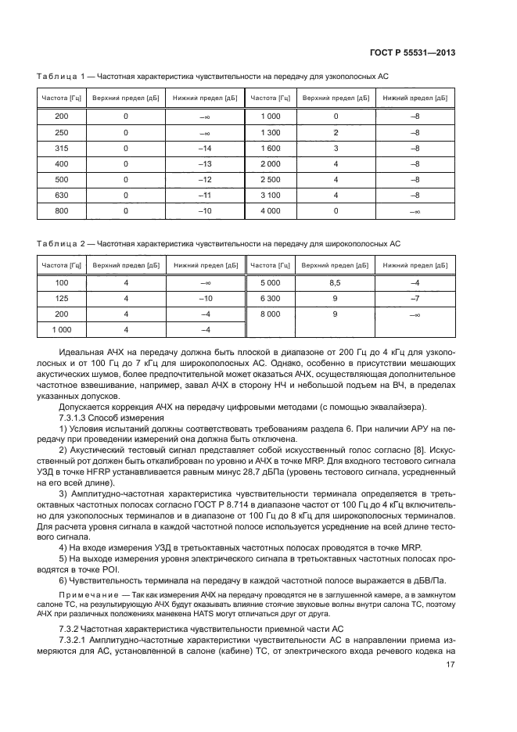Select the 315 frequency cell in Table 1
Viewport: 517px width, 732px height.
tap(61, 148)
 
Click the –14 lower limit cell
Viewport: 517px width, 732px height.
tap(206, 148)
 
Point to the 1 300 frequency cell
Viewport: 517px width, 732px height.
tap(271, 131)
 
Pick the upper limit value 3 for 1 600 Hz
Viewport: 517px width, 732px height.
tap(336, 148)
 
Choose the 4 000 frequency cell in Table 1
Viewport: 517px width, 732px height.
tap(271, 210)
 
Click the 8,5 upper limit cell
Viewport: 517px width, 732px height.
tap(335, 282)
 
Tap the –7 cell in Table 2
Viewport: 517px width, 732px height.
tap(415, 298)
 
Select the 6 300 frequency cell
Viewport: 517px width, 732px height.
tap(270, 298)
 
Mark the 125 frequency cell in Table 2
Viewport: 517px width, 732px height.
tap(61, 298)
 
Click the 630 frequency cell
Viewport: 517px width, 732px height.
tap(61, 195)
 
